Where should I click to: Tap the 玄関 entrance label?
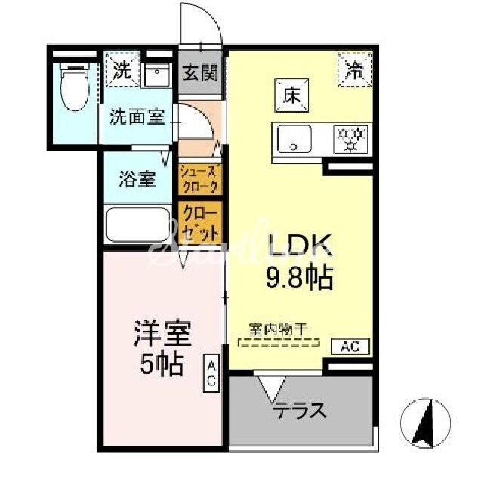point(200,73)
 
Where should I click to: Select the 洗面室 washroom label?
point(137,117)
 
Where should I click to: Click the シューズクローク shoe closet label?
point(201,179)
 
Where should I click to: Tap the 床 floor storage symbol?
point(290,96)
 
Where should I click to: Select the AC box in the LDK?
point(350,347)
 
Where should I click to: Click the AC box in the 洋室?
point(212,372)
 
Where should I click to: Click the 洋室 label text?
point(162,333)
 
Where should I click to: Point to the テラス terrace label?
point(301,411)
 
